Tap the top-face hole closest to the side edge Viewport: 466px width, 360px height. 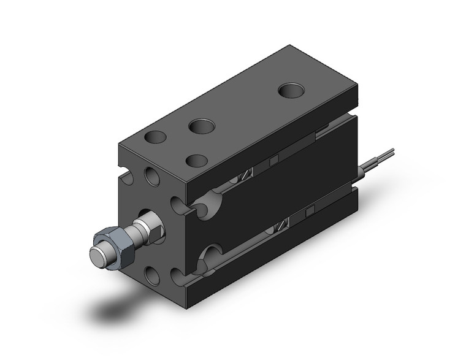197,160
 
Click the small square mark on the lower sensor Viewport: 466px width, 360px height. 310,212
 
